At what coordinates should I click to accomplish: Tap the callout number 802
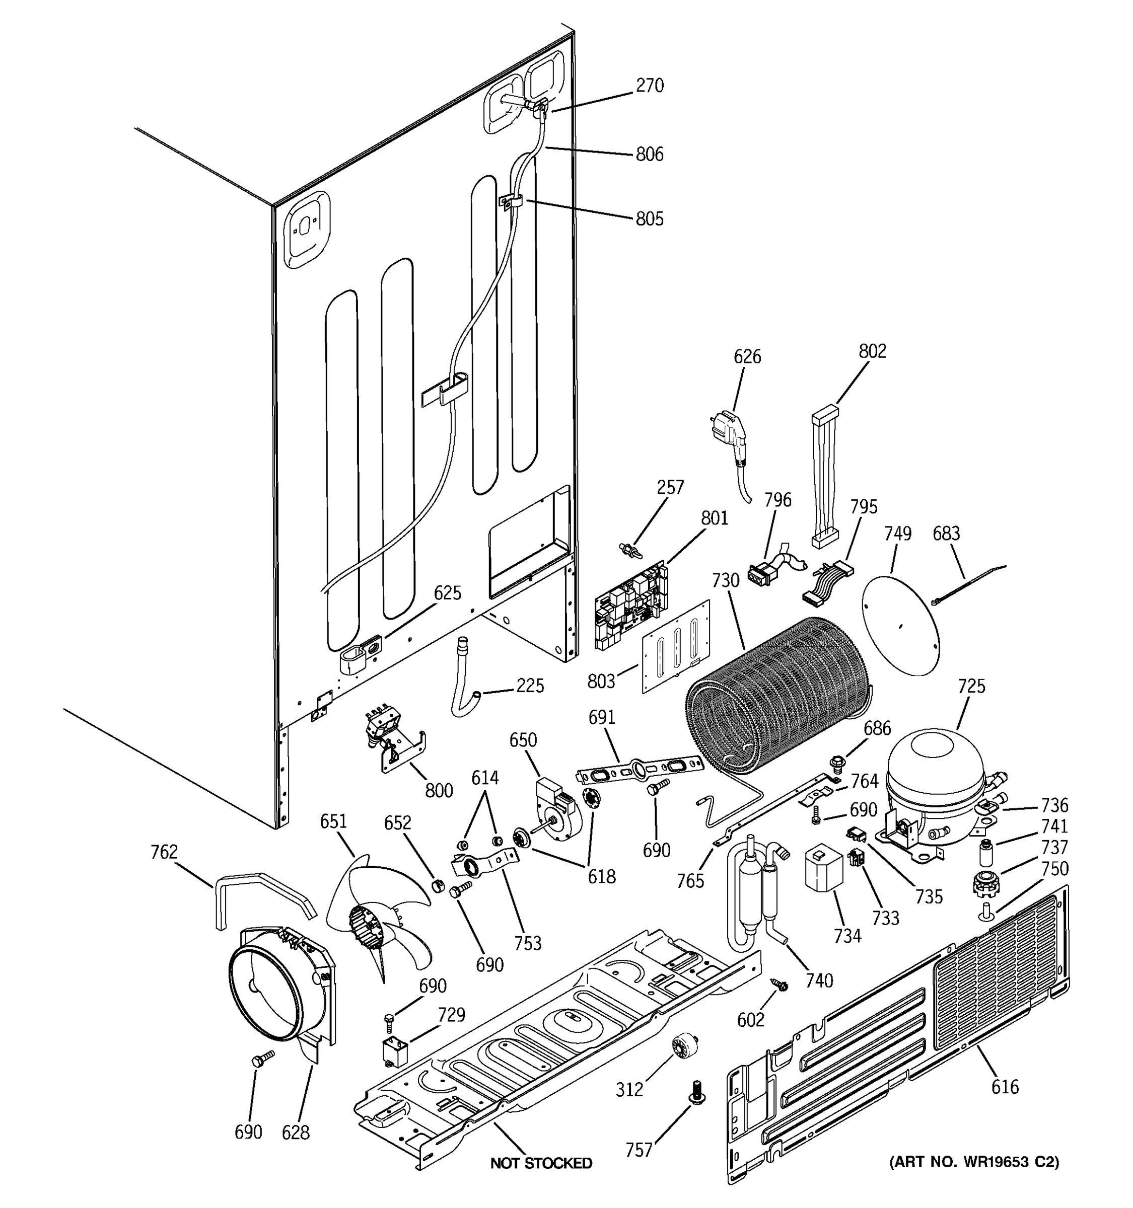pos(872,351)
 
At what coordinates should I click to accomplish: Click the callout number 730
pos(725,580)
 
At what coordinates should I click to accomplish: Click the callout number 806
pos(649,155)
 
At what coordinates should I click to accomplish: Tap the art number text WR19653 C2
pos(974,1162)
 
